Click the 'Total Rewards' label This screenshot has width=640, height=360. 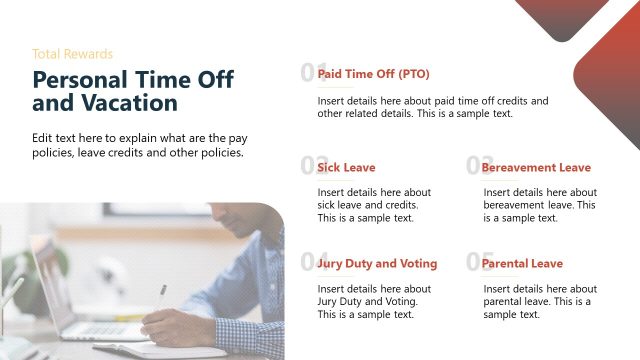point(72,54)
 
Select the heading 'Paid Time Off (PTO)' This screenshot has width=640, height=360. point(373,74)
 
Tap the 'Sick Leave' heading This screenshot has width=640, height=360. point(346,168)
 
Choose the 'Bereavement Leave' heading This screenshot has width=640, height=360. point(536,168)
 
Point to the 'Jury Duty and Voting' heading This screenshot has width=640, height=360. point(377,264)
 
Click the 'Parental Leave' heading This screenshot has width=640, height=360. point(522,264)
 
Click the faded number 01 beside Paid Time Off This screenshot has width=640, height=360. point(308,72)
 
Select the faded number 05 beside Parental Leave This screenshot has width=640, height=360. point(473,262)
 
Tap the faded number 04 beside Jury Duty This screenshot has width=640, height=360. point(308,262)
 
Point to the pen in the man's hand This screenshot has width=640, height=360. point(161,297)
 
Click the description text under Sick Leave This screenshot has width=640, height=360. point(374,205)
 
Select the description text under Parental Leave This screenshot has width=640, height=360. point(538,301)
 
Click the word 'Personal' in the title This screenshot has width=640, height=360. point(81,81)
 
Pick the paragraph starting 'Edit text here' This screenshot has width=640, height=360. point(138,146)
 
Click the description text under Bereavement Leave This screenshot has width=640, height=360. point(538,205)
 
